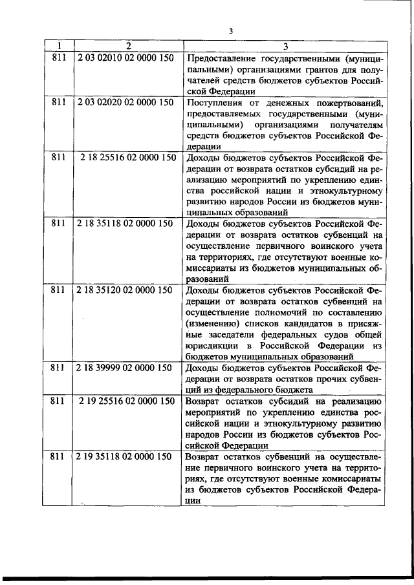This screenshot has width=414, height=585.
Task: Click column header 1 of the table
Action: [60, 46]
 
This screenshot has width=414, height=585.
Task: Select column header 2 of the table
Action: [128, 46]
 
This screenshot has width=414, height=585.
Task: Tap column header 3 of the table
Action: [285, 46]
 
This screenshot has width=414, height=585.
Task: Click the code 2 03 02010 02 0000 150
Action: [125, 57]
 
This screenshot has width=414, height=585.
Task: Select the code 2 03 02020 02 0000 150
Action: [125, 103]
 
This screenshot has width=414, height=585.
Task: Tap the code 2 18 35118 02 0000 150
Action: [125, 223]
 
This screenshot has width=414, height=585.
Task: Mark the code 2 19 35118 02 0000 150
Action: [125, 456]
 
